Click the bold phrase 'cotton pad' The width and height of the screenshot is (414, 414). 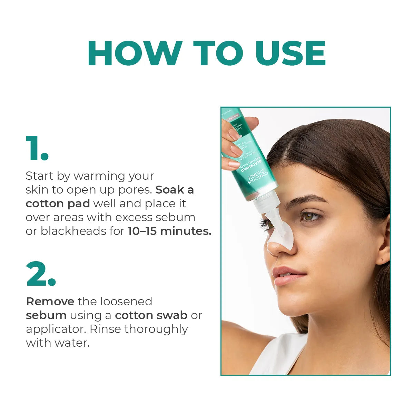[x=58, y=204]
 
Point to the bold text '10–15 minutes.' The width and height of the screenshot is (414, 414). [x=169, y=231]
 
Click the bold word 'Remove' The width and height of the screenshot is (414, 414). [x=50, y=302]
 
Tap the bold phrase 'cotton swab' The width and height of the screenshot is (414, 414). [x=151, y=315]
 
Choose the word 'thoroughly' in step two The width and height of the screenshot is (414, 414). [x=156, y=329]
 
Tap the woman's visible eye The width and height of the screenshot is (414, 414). [x=309, y=216]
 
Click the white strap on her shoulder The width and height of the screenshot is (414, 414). [x=279, y=355]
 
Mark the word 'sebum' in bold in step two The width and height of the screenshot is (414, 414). [x=46, y=315]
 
